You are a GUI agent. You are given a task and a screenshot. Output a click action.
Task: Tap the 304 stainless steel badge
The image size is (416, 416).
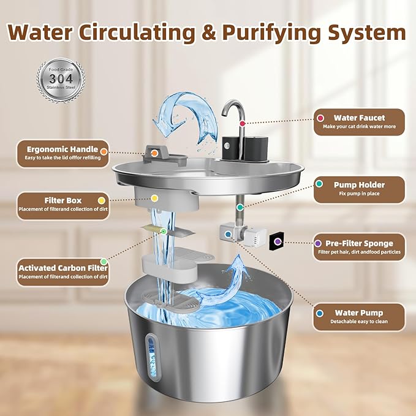[60, 80]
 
